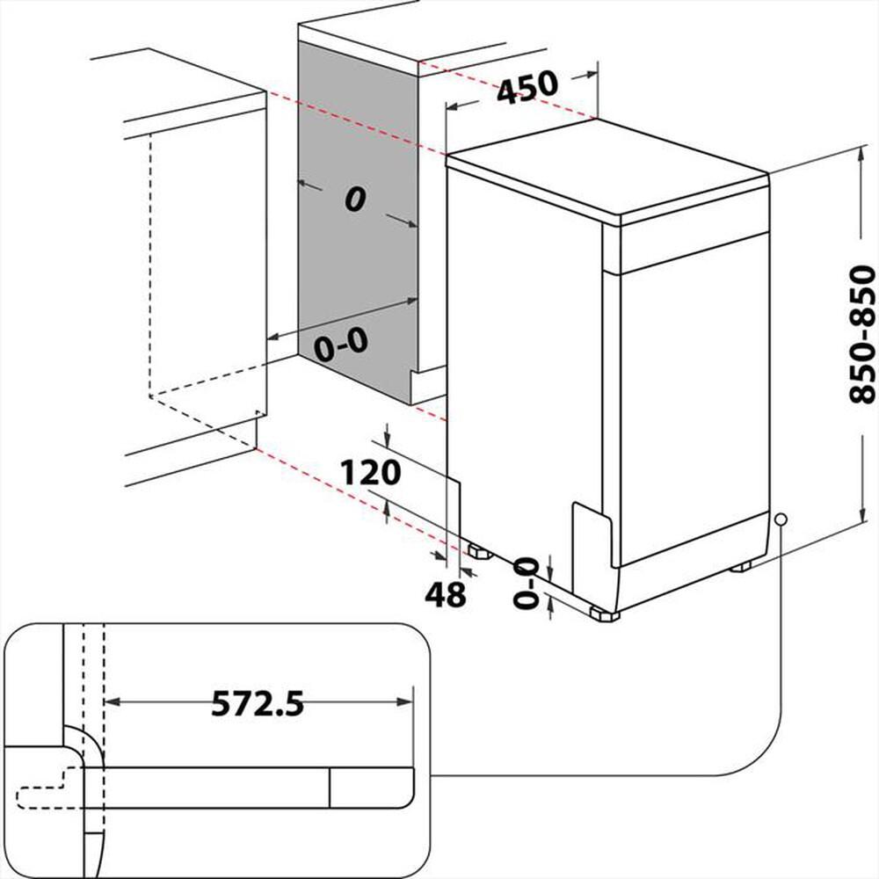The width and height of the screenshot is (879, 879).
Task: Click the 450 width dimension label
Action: point(527,87)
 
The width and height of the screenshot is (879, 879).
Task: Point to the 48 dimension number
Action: point(445,596)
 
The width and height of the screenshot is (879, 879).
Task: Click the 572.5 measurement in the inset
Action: point(258,703)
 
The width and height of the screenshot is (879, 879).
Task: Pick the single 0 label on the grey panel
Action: point(353,200)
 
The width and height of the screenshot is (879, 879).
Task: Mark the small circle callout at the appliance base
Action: point(780,519)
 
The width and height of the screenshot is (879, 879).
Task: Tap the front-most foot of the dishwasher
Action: point(605,614)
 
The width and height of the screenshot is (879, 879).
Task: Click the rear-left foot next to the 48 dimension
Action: point(479,553)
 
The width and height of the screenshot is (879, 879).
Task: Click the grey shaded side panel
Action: point(356,264)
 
